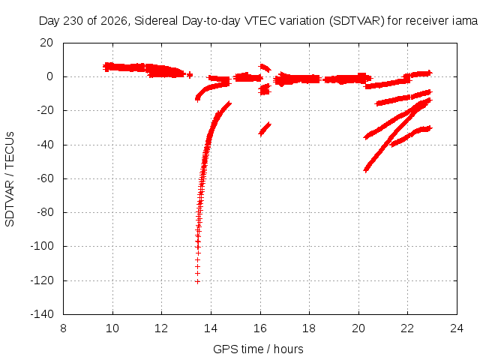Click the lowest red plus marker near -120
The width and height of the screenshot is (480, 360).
click(x=197, y=282)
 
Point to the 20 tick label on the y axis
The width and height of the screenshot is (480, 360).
click(x=46, y=43)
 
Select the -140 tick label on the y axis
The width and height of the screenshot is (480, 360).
click(x=42, y=313)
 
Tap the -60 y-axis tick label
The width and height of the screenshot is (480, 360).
click(x=45, y=178)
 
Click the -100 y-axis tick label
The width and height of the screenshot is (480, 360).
click(x=42, y=246)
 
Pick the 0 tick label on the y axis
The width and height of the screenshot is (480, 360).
click(x=50, y=76)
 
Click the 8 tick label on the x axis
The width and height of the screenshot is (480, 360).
click(x=63, y=328)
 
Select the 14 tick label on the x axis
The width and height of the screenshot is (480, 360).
click(x=211, y=328)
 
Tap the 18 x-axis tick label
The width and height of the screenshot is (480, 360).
click(x=309, y=328)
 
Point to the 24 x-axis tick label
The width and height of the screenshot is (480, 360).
click(x=457, y=328)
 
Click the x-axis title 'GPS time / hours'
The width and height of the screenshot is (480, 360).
click(x=258, y=349)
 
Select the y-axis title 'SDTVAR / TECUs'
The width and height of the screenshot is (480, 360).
click(x=10, y=179)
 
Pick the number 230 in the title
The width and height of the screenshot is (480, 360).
click(x=73, y=21)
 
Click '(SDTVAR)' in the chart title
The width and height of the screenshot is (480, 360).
click(x=357, y=21)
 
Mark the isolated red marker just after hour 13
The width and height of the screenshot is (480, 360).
click(x=190, y=74)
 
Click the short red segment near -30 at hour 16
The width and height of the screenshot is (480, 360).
click(x=265, y=129)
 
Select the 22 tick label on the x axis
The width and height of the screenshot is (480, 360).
click(x=407, y=328)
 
